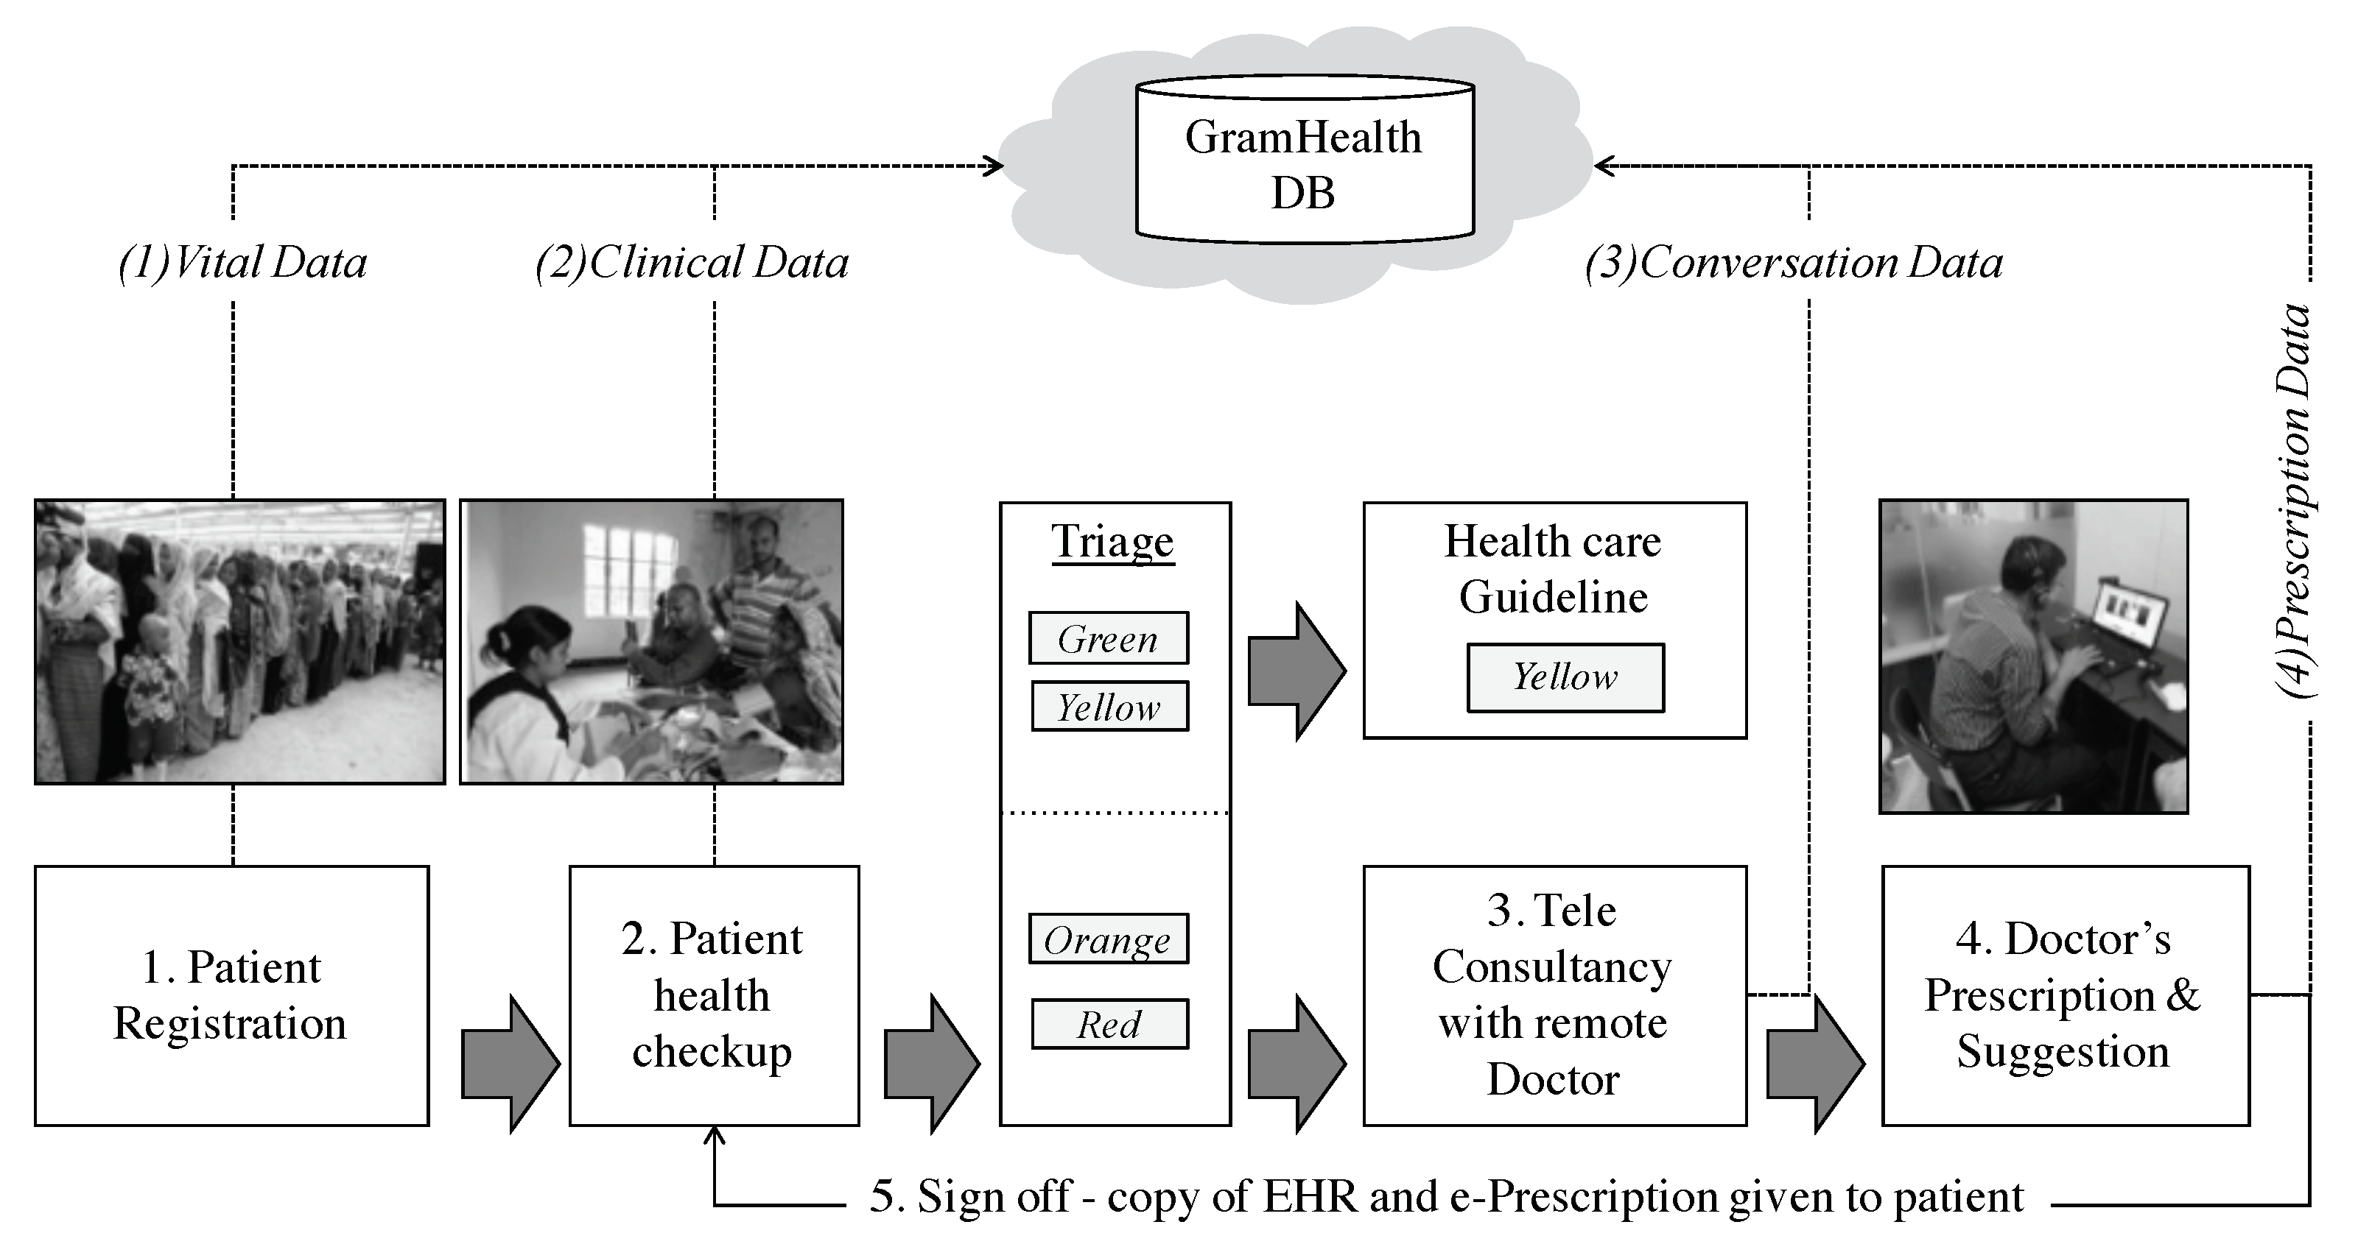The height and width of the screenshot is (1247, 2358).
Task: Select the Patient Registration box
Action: click(231, 995)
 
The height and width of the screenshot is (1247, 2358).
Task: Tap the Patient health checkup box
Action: click(713, 995)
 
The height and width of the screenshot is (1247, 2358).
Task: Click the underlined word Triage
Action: click(1112, 542)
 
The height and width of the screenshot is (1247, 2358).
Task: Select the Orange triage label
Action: click(1109, 939)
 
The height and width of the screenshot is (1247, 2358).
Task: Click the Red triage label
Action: click(1109, 1024)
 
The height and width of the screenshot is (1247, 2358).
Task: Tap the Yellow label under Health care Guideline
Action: click(1565, 678)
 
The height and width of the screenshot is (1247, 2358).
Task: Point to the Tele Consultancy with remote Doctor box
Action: click(1554, 995)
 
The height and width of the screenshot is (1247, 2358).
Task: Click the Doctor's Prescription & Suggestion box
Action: click(2064, 995)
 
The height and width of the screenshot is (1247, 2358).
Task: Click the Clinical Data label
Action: click(693, 264)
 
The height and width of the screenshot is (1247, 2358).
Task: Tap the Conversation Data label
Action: click(1794, 264)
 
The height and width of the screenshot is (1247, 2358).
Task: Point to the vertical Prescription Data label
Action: click(2294, 501)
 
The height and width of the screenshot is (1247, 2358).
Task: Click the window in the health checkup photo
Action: click(628, 568)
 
